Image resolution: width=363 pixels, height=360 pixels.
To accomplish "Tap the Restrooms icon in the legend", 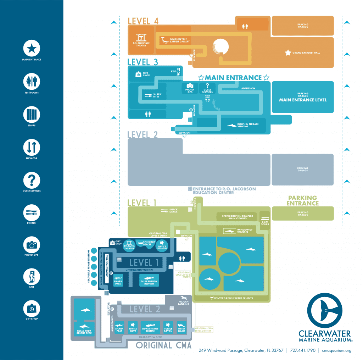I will point(32,81).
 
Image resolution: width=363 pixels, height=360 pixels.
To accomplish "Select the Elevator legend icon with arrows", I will point(32,147).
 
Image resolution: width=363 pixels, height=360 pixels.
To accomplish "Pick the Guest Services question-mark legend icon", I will point(32,179).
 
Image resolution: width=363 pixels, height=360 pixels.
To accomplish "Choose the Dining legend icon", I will point(32,212).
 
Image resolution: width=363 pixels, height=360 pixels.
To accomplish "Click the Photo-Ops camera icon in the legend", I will point(32,245).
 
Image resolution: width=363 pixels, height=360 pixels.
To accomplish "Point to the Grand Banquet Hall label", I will point(306,53).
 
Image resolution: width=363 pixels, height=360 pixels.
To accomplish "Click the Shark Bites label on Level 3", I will point(157,96).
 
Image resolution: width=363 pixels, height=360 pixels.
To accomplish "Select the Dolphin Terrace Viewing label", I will point(248,125).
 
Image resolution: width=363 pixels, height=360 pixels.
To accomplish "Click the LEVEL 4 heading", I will point(143,21).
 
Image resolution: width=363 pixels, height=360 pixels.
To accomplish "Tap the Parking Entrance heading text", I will point(302,200).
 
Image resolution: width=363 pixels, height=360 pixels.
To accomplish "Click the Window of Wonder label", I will point(245,231).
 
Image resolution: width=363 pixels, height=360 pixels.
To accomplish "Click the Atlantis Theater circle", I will point(129,245).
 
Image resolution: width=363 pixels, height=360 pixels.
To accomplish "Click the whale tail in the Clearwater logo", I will point(325,310).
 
